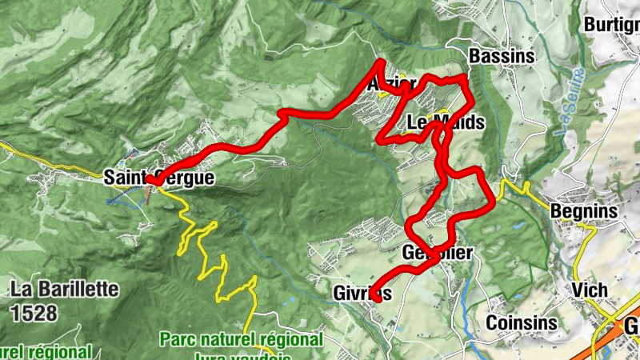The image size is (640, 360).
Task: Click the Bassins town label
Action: click(502, 57)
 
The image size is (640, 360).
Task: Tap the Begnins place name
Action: click(585, 211)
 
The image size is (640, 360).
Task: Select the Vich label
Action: click(590, 290)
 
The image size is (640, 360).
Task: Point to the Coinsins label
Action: click(522, 322)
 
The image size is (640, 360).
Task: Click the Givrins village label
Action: click(362, 294)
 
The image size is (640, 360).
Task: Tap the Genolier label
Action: click(438, 254)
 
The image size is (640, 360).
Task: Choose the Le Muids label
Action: click(446, 123)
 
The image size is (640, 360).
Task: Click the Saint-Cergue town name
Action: click(159, 178)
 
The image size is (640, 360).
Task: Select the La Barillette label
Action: click(66, 288)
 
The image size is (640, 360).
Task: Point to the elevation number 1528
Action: click(34, 313)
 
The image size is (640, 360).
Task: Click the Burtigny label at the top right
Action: click(612, 24)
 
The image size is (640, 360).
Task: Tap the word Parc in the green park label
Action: click(178, 339)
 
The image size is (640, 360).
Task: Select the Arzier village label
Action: click(392, 85)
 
